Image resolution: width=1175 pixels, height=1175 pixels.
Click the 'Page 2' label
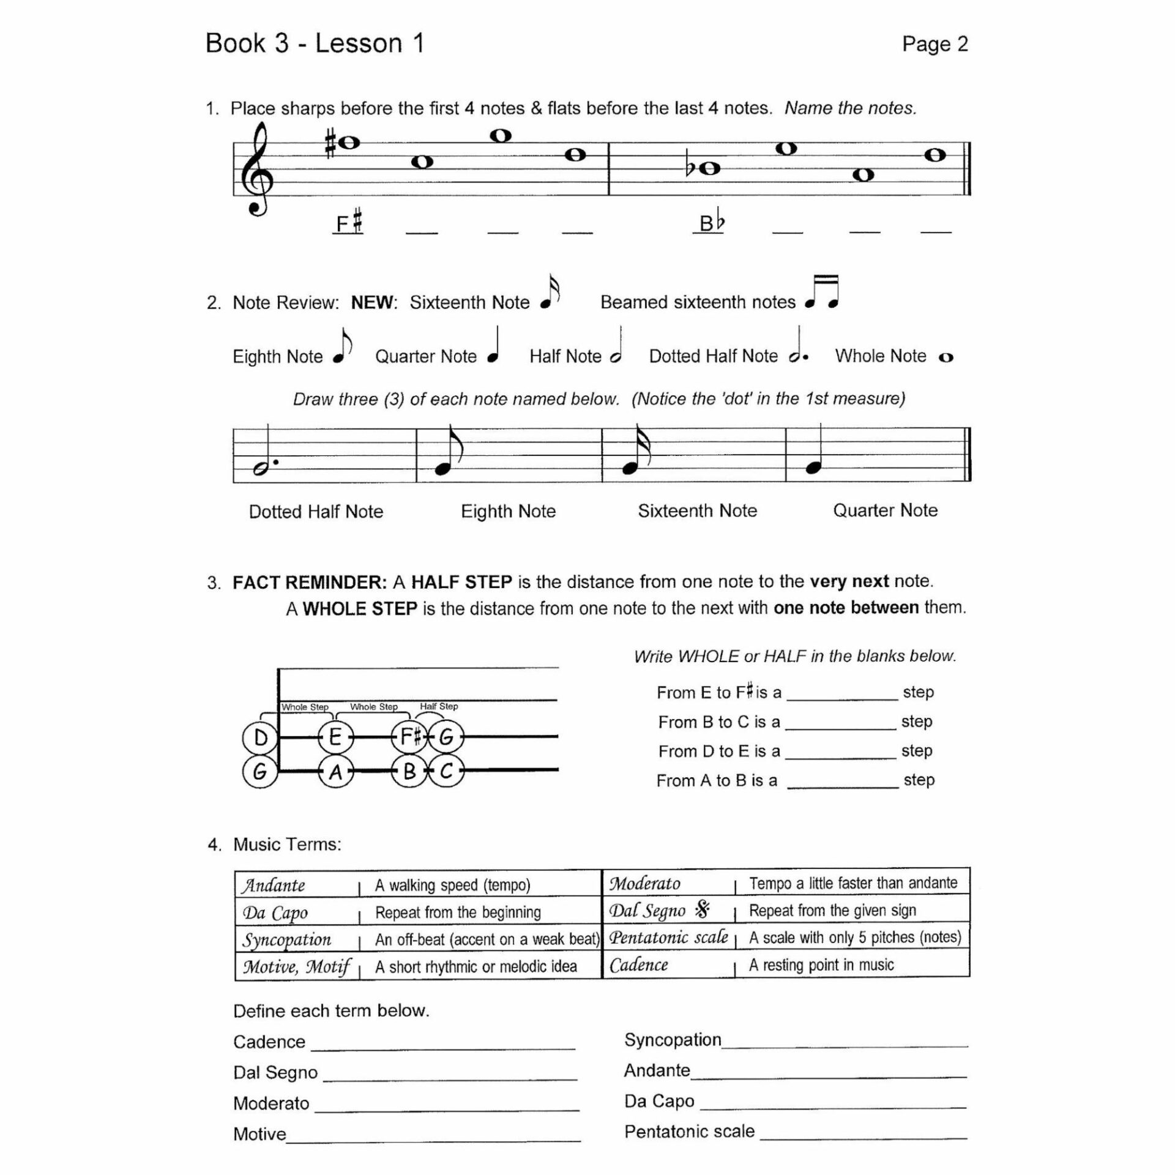tap(934, 44)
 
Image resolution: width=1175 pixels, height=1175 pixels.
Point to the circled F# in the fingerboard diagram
tap(409, 737)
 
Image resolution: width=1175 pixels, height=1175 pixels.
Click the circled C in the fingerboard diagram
tap(446, 771)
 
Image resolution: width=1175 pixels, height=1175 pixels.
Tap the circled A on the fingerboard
tap(335, 772)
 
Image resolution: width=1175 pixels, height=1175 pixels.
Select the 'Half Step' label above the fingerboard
tap(439, 706)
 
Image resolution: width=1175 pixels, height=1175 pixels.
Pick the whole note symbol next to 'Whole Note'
tap(946, 357)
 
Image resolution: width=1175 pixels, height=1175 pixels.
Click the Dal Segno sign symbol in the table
tap(703, 911)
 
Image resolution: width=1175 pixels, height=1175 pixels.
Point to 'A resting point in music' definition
tap(821, 965)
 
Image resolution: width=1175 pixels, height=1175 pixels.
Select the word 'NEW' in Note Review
tap(373, 302)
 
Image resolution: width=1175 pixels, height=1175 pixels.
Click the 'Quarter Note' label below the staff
tap(885, 510)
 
